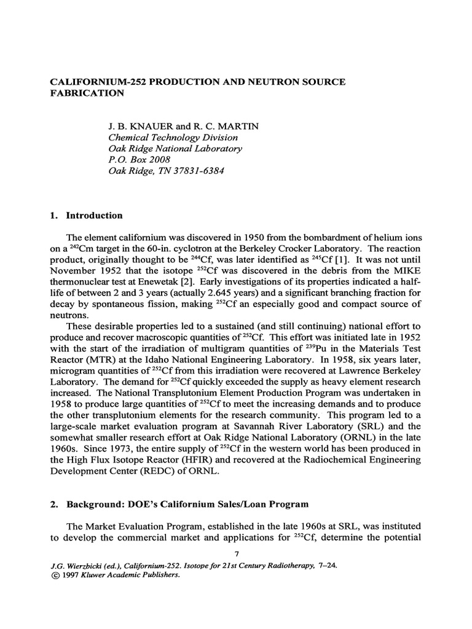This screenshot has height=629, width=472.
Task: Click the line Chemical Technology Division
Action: (x=173, y=138)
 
